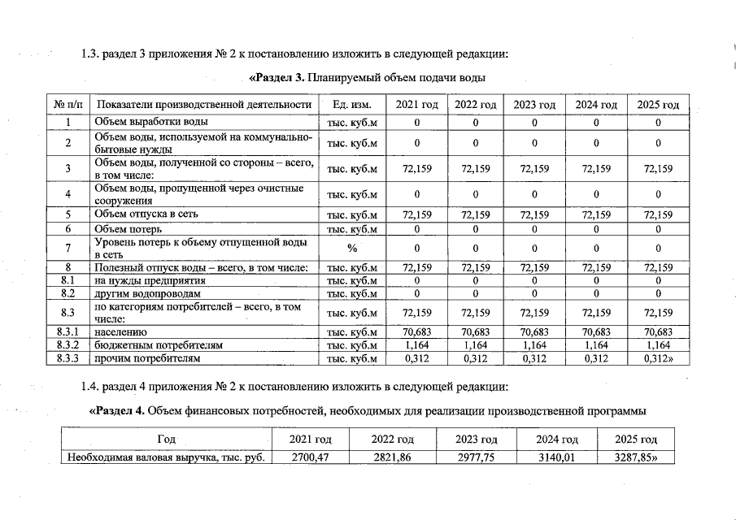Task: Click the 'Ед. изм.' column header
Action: pyautogui.click(x=352, y=105)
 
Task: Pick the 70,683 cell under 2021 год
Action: pyautogui.click(x=416, y=332)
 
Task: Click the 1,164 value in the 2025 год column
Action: pyautogui.click(x=658, y=345)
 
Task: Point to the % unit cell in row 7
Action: pyautogui.click(x=352, y=248)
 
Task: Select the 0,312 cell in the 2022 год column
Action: pyautogui.click(x=475, y=357)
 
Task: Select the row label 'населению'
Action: pyautogui.click(x=120, y=332)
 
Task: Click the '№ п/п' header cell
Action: pyautogui.click(x=69, y=105)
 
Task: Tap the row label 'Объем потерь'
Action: pyautogui.click(x=127, y=229)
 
